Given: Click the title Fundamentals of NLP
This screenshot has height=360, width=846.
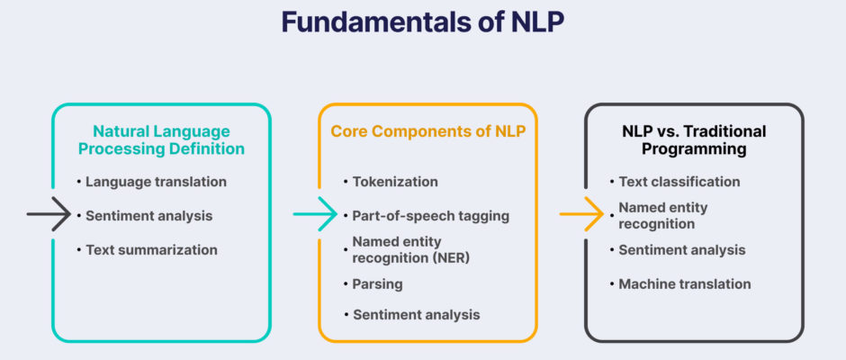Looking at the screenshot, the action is point(423,22).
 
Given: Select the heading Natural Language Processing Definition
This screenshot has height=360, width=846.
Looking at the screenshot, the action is point(161,139).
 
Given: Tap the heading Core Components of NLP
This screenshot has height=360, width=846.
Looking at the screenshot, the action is point(427,131).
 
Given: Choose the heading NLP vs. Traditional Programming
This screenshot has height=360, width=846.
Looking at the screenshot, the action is point(694,139).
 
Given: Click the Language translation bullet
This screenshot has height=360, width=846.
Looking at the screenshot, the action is point(156,182).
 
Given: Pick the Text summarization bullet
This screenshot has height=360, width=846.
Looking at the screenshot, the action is point(151,250).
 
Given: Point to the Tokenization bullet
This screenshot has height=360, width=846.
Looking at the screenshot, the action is point(395,182).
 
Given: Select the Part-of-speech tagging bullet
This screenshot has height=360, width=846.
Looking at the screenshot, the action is point(430,216).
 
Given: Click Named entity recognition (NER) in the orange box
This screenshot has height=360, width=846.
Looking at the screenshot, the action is point(411,249).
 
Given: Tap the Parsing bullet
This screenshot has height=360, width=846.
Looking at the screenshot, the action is point(377,283).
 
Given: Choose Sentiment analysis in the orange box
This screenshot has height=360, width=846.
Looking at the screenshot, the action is point(416,315).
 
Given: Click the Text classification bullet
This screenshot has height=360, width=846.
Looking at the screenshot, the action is point(679,182).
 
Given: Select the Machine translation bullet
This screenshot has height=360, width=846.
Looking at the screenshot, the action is point(685,283).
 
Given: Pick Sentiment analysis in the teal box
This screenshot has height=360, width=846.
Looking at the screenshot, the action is point(148,216).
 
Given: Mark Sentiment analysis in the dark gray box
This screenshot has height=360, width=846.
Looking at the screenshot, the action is point(682,250).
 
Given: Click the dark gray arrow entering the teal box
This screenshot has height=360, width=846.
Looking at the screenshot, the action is point(49,214).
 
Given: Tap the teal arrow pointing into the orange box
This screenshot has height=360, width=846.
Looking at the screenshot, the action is point(315,214).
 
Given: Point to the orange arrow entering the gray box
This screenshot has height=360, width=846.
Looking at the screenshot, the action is point(581,214).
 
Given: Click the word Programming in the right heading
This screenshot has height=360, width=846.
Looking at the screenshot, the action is point(694,149).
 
